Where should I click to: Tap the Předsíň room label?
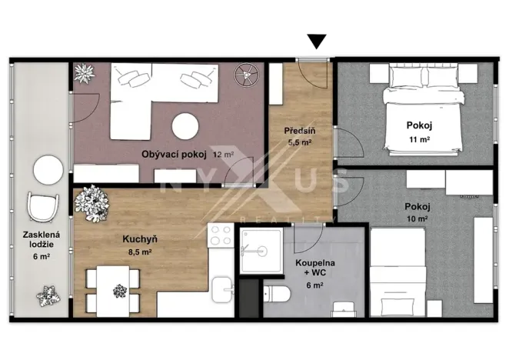pos(300,131)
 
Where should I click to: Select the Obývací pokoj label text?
pos(175,154)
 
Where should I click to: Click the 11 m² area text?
pos(419,139)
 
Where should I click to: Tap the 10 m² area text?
pos(415,219)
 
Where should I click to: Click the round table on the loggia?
pos(47,170)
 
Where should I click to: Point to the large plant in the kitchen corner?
pos(90,203)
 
